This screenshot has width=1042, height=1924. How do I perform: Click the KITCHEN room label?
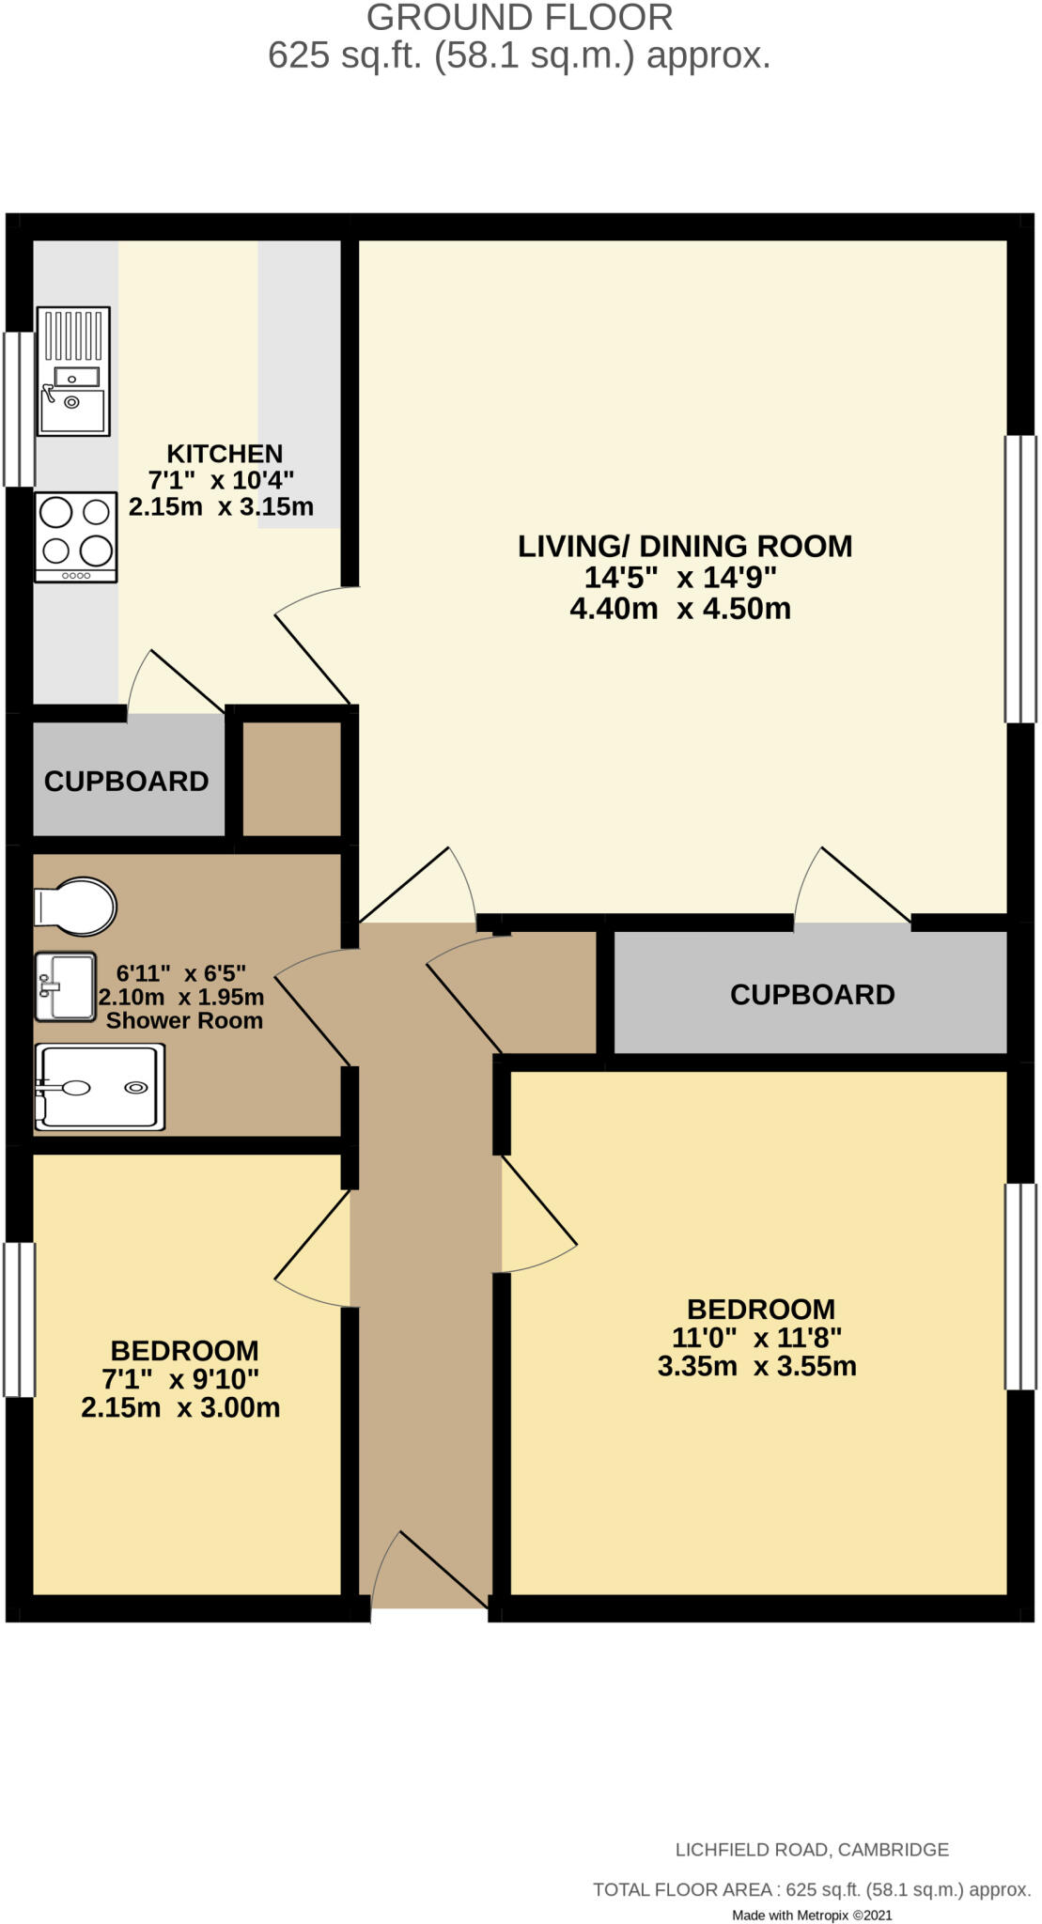pyautogui.click(x=225, y=454)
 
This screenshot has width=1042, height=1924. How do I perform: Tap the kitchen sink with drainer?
pyautogui.click(x=73, y=371)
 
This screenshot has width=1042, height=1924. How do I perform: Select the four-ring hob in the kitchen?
pyautogui.click(x=76, y=537)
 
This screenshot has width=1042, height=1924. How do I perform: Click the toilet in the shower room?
pyautogui.click(x=75, y=907)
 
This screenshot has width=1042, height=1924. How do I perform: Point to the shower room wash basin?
pyautogui.click(x=66, y=986)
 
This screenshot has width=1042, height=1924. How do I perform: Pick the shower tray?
pyautogui.click(x=100, y=1087)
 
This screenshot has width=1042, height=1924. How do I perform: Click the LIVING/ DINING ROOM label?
pyautogui.click(x=685, y=546)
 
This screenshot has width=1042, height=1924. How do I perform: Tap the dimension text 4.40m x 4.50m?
pyautogui.click(x=680, y=609)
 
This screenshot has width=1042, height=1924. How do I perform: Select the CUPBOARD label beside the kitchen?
pyautogui.click(x=126, y=782)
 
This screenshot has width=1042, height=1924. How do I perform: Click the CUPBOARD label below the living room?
pyautogui.click(x=812, y=995)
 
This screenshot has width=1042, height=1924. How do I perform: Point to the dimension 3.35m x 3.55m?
pyautogui.click(x=756, y=1366)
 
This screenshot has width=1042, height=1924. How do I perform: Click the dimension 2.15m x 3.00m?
pyautogui.click(x=180, y=1407)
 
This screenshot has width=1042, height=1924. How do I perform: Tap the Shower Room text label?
pyautogui.click(x=184, y=1021)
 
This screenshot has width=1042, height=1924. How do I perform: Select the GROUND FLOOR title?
pyautogui.click(x=520, y=18)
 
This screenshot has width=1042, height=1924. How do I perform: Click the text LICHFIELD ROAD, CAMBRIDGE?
pyautogui.click(x=812, y=1850)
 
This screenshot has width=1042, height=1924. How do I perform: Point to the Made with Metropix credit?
pyautogui.click(x=812, y=1915)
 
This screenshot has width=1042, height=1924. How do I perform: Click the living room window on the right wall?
pyautogui.click(x=1020, y=579)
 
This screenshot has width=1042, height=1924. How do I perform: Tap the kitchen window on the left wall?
pyautogui.click(x=19, y=409)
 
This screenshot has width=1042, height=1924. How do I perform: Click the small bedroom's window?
pyautogui.click(x=19, y=1320)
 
